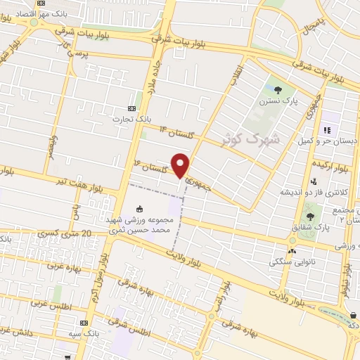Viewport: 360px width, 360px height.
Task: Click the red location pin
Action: point(181,165)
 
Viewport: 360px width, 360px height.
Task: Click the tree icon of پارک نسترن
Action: point(279,89)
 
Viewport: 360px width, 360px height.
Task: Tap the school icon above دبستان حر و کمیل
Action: point(326,130)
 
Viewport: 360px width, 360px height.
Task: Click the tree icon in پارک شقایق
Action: point(310,217)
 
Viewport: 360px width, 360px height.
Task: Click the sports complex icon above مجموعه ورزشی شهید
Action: point(139,209)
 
